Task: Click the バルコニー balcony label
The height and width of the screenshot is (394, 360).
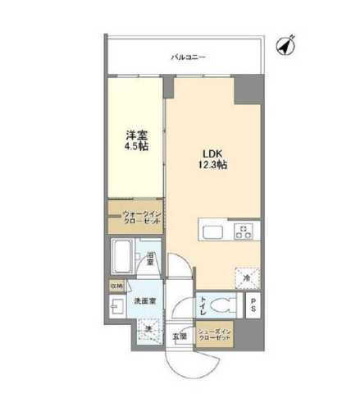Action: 188,57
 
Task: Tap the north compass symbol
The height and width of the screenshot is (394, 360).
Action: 286,46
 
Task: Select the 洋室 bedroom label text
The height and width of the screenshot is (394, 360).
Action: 136,135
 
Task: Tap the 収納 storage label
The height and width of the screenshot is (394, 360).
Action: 116,286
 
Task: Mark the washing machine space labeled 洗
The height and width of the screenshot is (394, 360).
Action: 150,329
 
